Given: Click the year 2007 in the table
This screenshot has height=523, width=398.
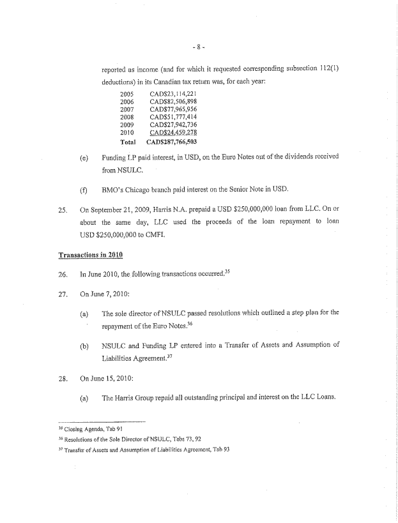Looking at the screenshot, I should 127,109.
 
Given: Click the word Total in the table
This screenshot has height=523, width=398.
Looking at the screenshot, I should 128,142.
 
